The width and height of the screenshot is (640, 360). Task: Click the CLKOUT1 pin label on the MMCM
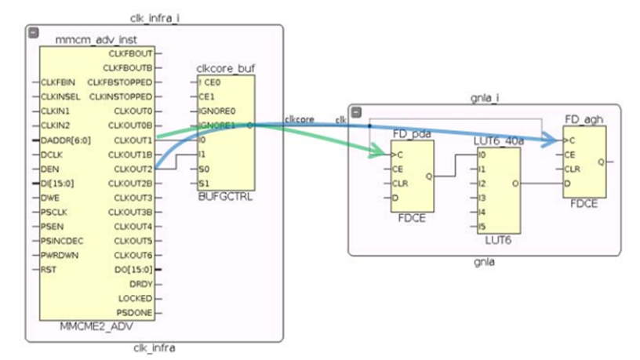pos(133,140)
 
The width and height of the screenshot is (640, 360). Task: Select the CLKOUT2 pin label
pos(133,169)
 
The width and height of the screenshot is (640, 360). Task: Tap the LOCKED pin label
pos(136,298)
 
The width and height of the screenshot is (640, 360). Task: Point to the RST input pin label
pos(47,269)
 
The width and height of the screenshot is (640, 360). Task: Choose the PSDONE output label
pos(136,312)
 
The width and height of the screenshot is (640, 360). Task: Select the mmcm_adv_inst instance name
pos(91,38)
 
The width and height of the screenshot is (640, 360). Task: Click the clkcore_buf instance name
pos(226,68)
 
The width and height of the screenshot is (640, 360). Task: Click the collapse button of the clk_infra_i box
pos(33,32)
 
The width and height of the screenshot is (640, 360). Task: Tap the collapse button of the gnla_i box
pos(356,112)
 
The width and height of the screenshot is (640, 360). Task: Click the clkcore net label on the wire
pos(300,119)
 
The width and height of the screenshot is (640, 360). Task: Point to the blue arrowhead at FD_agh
pos(555,140)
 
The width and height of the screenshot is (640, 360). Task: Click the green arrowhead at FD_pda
pos(381,154)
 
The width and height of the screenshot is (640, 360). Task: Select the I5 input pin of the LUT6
pos(482,227)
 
